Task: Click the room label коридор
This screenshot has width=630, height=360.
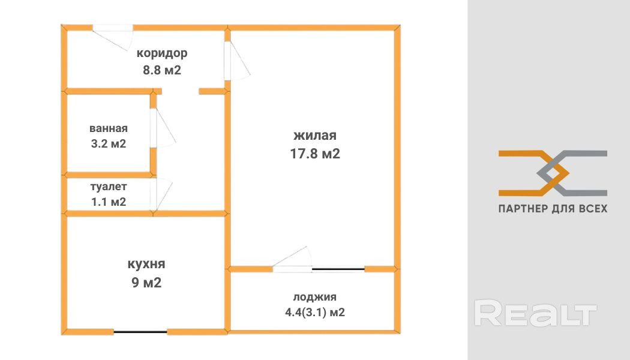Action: (162, 53)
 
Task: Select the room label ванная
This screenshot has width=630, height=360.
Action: (109, 128)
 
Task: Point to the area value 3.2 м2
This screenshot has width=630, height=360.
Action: (109, 144)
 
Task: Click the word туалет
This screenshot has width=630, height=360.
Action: (109, 187)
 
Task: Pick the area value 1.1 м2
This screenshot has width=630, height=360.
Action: (109, 202)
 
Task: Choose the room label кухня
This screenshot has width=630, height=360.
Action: (146, 264)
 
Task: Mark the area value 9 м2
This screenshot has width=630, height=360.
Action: (146, 282)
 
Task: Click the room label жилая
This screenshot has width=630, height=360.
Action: (315, 136)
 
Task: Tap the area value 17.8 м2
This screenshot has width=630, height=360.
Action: (315, 154)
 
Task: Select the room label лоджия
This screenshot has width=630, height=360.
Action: (315, 296)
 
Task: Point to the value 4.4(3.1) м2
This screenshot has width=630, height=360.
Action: (315, 312)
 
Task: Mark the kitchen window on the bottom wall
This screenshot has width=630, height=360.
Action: (140, 332)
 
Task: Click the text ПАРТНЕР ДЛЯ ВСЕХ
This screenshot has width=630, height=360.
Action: (553, 209)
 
